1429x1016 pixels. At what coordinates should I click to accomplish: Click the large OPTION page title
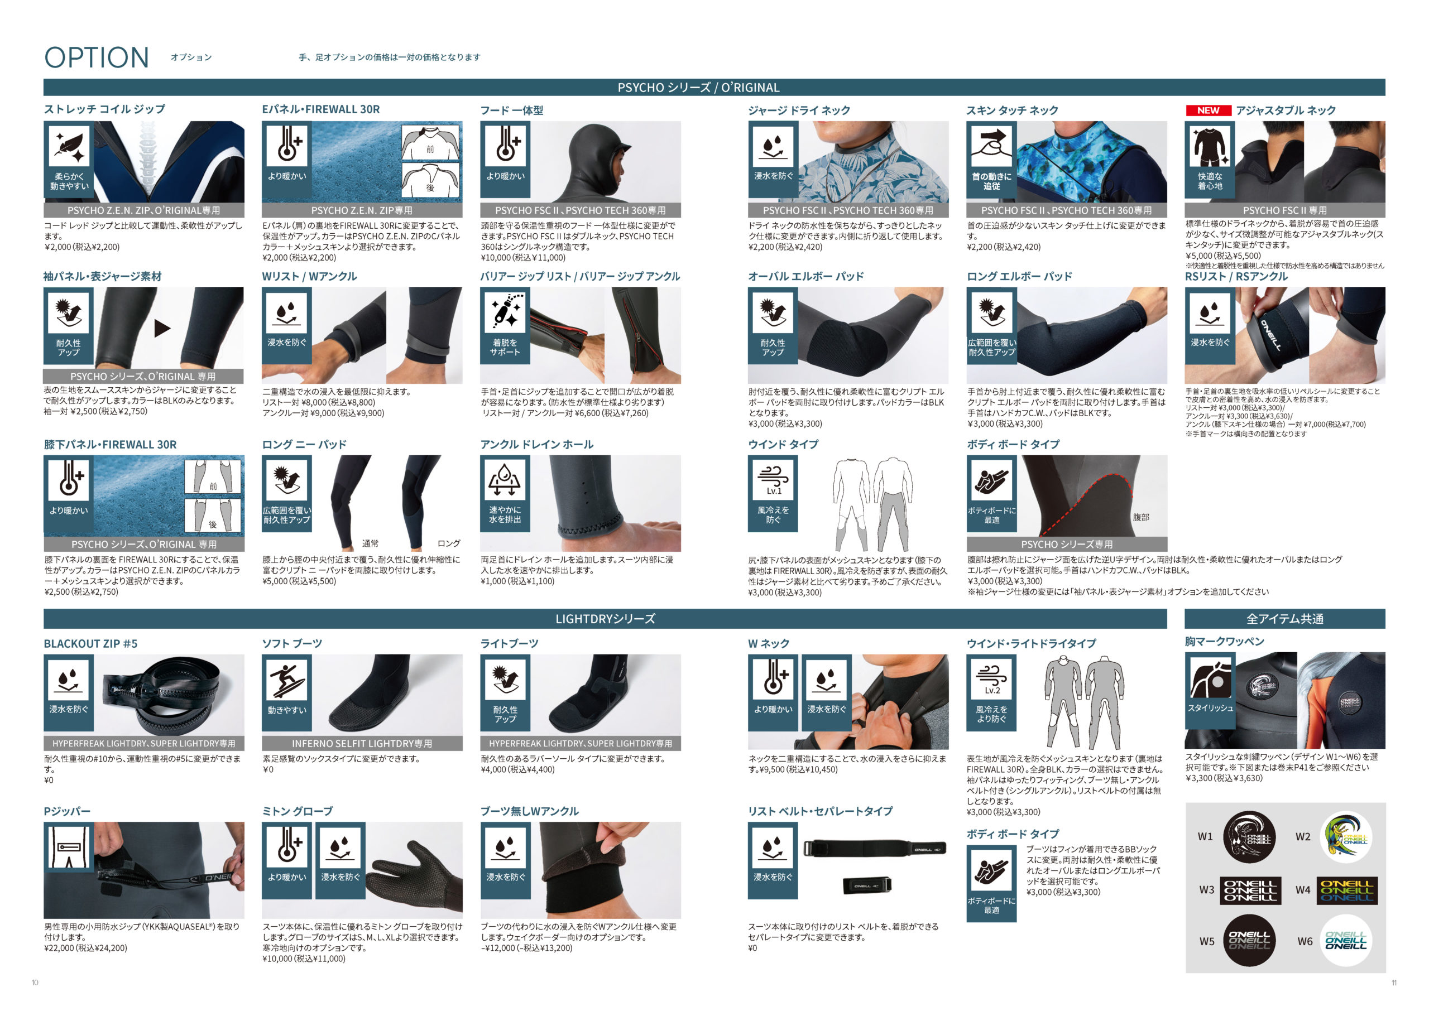(97, 57)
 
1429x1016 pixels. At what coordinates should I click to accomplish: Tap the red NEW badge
(1208, 110)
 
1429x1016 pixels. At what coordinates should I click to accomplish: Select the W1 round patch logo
(1249, 837)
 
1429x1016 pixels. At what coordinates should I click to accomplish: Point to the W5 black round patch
(1249, 940)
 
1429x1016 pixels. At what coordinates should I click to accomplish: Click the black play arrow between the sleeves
(162, 328)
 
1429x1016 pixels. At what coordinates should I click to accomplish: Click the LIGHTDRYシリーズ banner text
(605, 619)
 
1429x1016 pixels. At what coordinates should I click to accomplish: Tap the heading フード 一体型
(511, 110)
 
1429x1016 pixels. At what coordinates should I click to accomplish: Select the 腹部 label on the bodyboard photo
(1140, 517)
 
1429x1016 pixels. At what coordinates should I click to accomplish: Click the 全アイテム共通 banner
(1284, 619)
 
